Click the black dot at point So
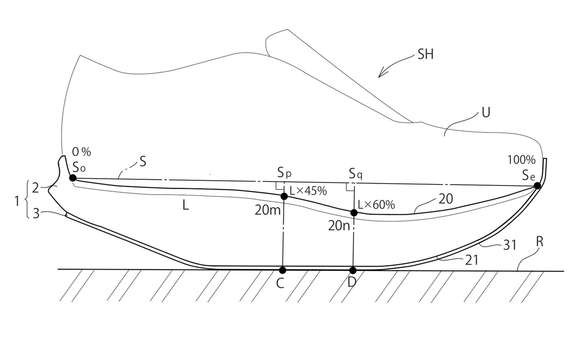point(73,178)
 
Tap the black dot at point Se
point(537,185)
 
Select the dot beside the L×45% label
point(284,196)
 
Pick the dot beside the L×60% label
point(354,213)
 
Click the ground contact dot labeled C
point(282,270)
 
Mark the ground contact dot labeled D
point(353,270)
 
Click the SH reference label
point(425,55)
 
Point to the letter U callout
point(486,112)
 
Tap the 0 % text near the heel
point(81,152)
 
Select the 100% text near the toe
point(521,160)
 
